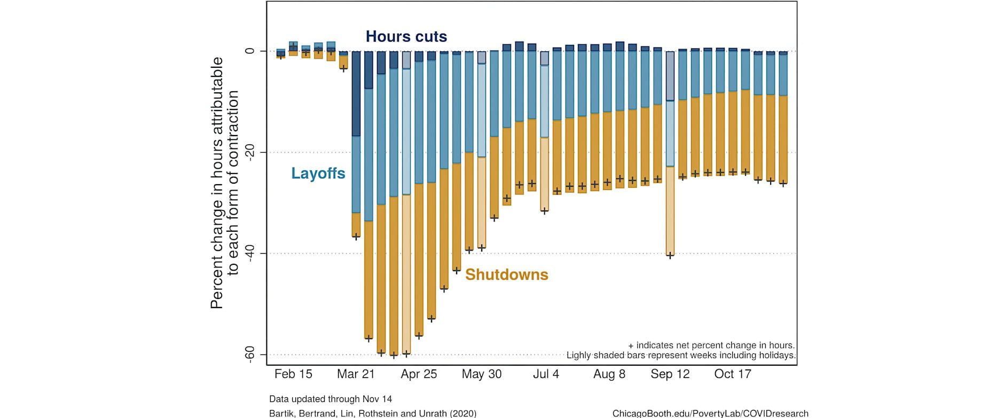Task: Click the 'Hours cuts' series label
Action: click(406, 36)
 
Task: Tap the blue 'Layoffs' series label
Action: click(318, 173)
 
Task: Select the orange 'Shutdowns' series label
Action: click(506, 274)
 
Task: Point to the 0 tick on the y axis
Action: click(249, 51)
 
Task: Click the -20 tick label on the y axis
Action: click(249, 152)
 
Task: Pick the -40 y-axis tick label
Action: click(249, 253)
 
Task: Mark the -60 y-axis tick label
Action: click(249, 354)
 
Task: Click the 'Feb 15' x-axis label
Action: click(293, 374)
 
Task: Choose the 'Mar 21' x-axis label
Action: click(356, 374)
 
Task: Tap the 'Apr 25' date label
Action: click(419, 374)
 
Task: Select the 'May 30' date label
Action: click(482, 374)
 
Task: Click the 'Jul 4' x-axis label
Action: click(546, 374)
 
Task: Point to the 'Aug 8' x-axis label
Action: click(609, 374)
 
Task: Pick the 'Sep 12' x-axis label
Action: click(670, 374)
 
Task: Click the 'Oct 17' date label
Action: click(733, 374)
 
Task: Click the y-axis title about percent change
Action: click(224, 183)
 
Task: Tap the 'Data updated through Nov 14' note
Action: click(331, 399)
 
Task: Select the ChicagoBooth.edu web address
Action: click(710, 413)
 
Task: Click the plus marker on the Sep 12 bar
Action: click(670, 256)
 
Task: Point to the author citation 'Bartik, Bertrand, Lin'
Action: click(373, 413)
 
